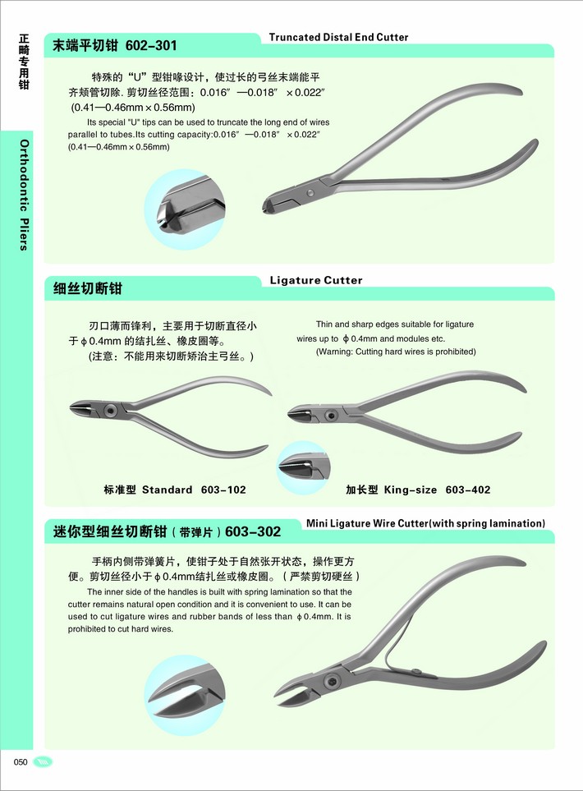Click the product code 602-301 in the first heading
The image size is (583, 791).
[x=151, y=46]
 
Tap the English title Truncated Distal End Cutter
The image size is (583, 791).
[x=338, y=37]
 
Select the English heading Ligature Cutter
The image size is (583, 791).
[x=316, y=280]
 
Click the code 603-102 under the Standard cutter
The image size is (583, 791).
[x=223, y=490]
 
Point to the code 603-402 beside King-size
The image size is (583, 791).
[x=468, y=490]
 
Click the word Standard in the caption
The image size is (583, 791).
[x=168, y=490]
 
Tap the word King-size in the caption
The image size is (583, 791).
[x=411, y=490]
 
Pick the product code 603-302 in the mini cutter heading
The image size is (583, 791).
[x=253, y=531]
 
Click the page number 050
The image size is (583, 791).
[x=21, y=761]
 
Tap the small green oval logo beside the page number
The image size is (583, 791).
[x=43, y=761]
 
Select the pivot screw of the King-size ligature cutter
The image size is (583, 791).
[x=332, y=416]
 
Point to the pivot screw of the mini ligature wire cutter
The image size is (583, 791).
[x=332, y=682]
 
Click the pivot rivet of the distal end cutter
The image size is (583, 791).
[x=310, y=193]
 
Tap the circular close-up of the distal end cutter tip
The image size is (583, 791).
[x=184, y=209]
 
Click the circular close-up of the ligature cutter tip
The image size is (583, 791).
[x=304, y=467]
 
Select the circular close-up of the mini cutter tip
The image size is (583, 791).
[x=184, y=695]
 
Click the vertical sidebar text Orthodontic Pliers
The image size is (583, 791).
[x=24, y=195]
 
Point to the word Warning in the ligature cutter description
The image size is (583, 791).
[x=335, y=352]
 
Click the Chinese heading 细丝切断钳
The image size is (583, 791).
[x=87, y=288]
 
